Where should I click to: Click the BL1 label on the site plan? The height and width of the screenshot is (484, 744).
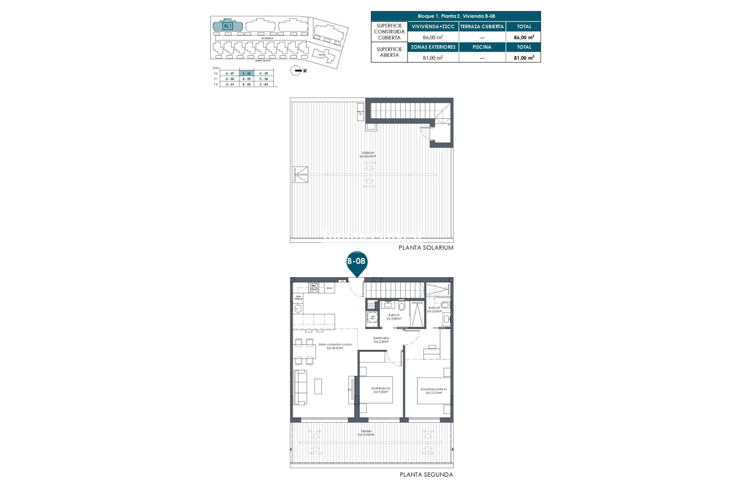click(x=228, y=25)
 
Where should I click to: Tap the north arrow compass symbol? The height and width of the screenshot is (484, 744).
click(x=296, y=70)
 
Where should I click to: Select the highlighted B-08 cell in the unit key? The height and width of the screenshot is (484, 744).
click(x=246, y=74)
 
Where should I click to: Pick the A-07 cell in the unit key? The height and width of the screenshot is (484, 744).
click(x=229, y=74)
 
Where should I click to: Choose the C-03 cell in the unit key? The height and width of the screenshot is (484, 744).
click(x=263, y=85)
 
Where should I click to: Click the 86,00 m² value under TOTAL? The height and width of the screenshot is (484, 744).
click(x=524, y=37)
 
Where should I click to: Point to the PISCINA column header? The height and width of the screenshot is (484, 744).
click(x=482, y=47)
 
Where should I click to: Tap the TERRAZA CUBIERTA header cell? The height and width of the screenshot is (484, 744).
click(x=482, y=26)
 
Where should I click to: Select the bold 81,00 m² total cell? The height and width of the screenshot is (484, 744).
click(x=524, y=57)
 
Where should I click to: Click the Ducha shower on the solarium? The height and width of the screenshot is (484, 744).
click(x=300, y=175)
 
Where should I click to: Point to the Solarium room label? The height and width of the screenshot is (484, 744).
click(x=369, y=154)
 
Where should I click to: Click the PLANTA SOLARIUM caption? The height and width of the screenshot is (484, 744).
click(x=426, y=247)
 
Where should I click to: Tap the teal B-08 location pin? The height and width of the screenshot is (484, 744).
click(x=356, y=264)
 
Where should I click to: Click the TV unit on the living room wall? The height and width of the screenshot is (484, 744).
click(x=352, y=389)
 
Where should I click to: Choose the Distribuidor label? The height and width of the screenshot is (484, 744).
click(x=381, y=339)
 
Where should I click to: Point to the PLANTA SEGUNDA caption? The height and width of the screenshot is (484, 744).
click(x=426, y=474)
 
